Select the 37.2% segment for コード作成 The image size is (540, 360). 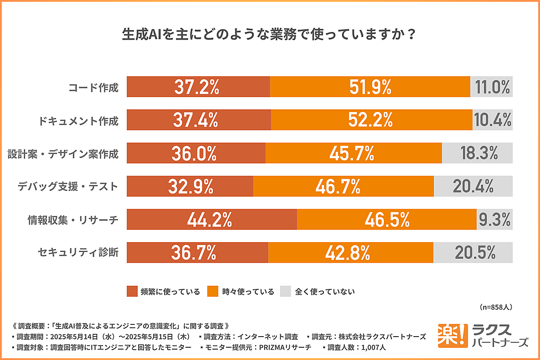pos(198,87)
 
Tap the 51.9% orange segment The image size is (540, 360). pos(370,87)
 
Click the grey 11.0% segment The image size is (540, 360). pos(491,87)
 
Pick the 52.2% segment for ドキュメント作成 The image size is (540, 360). pos(371,120)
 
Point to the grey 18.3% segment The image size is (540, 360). pos(477,153)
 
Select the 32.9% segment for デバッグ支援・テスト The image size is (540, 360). pos(190,186)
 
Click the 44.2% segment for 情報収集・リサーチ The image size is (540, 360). pos(211,219)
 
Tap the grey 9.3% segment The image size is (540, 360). pos(495,219)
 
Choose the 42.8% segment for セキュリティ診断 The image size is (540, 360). pos(351,252)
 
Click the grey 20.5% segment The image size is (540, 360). pos(473,252)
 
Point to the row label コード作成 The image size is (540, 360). pos(93,87)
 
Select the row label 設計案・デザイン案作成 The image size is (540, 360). pos(63,153)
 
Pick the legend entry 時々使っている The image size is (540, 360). pos(241,291)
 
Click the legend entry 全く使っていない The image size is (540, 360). pos(318,291)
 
